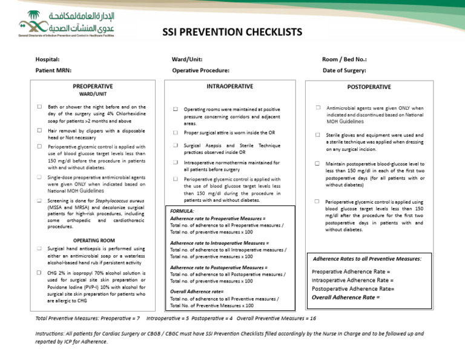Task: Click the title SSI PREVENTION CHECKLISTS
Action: point(232,32)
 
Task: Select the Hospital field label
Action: point(47,59)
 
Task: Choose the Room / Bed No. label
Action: point(345,59)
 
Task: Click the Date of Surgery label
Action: point(344,71)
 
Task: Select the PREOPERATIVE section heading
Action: point(93,87)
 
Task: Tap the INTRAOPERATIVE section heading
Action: point(229,87)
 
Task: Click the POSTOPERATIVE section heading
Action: point(369,87)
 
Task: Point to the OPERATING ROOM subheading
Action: point(90,241)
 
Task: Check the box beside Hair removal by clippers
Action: point(39,130)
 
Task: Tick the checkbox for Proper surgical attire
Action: point(176,132)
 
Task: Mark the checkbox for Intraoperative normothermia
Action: point(176,162)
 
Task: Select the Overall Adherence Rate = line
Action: point(346,297)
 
